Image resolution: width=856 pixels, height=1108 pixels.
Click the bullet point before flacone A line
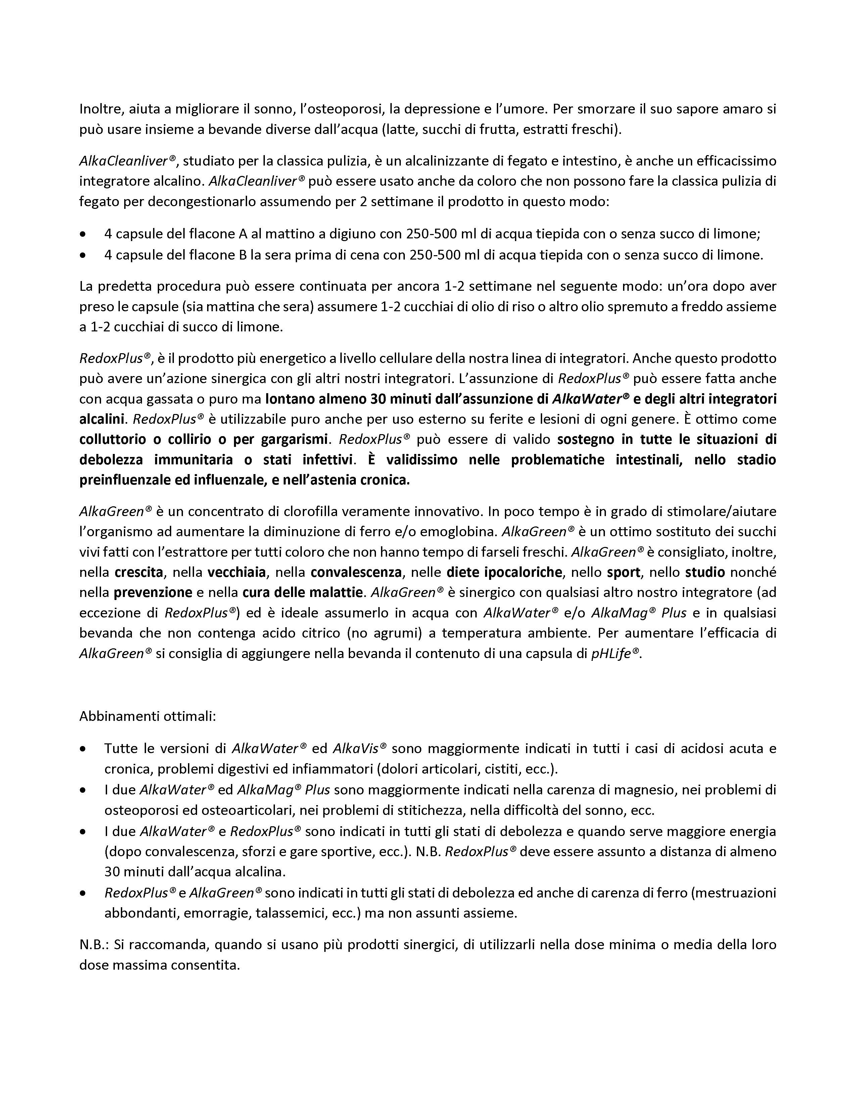[83, 234]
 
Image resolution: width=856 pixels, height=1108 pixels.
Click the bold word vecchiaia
[236, 572]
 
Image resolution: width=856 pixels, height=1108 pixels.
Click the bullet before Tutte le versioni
[83, 749]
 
